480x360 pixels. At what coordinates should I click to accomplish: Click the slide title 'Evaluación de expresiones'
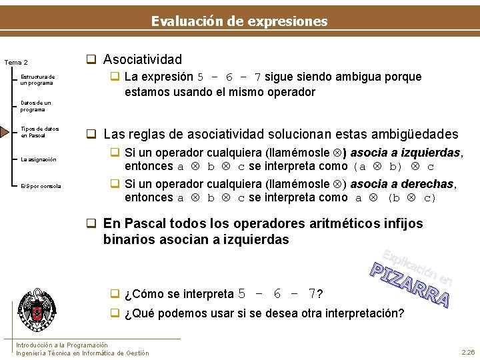(x=239, y=21)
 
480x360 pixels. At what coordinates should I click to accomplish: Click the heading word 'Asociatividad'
(x=143, y=59)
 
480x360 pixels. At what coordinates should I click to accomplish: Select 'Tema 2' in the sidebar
(x=15, y=63)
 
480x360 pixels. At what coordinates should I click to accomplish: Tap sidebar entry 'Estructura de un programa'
(x=37, y=79)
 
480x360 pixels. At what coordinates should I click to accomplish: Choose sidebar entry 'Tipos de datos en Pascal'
(x=39, y=132)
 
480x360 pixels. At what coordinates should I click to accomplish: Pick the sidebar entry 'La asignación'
(x=38, y=159)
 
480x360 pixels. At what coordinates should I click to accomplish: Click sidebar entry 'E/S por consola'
(x=41, y=186)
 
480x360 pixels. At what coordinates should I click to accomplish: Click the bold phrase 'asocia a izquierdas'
(x=405, y=153)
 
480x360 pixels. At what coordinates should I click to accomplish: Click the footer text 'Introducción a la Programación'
(x=61, y=345)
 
